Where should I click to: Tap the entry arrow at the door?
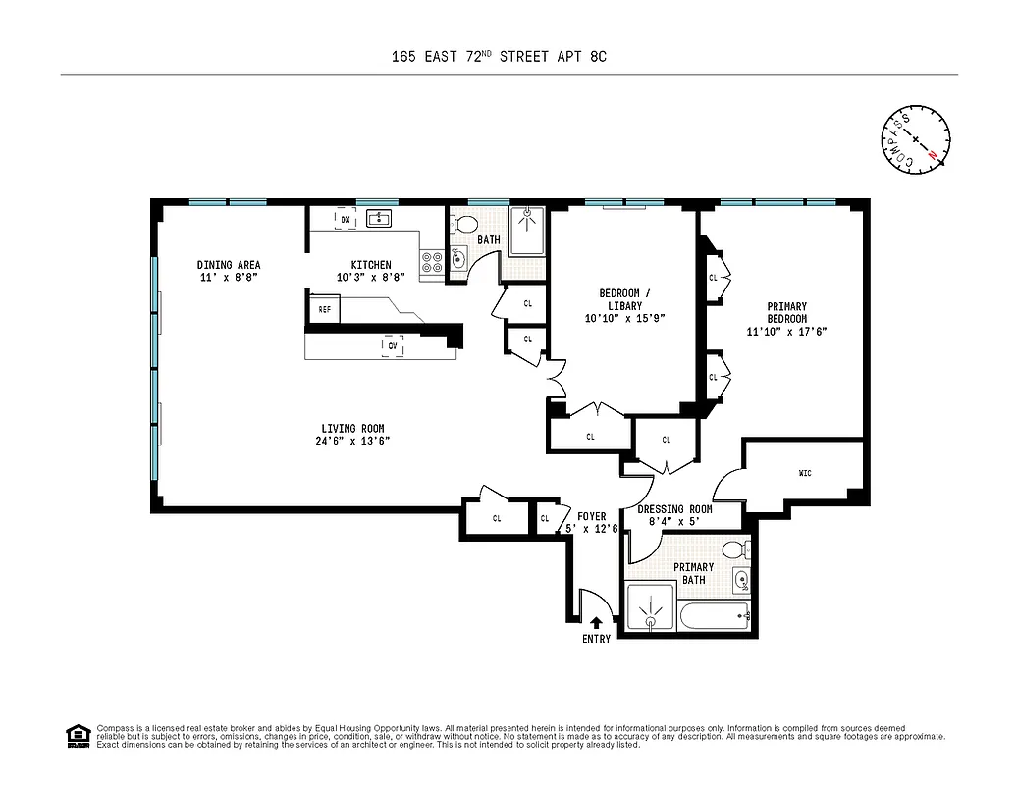tap(596, 622)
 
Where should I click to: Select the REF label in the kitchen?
tap(324, 309)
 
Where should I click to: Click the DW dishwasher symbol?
tap(345, 219)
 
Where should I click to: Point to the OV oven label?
tap(393, 345)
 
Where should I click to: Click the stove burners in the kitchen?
tap(431, 261)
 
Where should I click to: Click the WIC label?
tap(806, 474)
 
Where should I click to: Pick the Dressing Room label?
tap(674, 509)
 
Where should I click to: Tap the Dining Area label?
tap(229, 265)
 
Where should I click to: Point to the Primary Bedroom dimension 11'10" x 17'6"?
tap(786, 332)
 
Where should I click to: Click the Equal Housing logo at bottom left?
tap(77, 736)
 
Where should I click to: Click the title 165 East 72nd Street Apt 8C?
tap(499, 56)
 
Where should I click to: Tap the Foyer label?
tap(591, 516)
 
